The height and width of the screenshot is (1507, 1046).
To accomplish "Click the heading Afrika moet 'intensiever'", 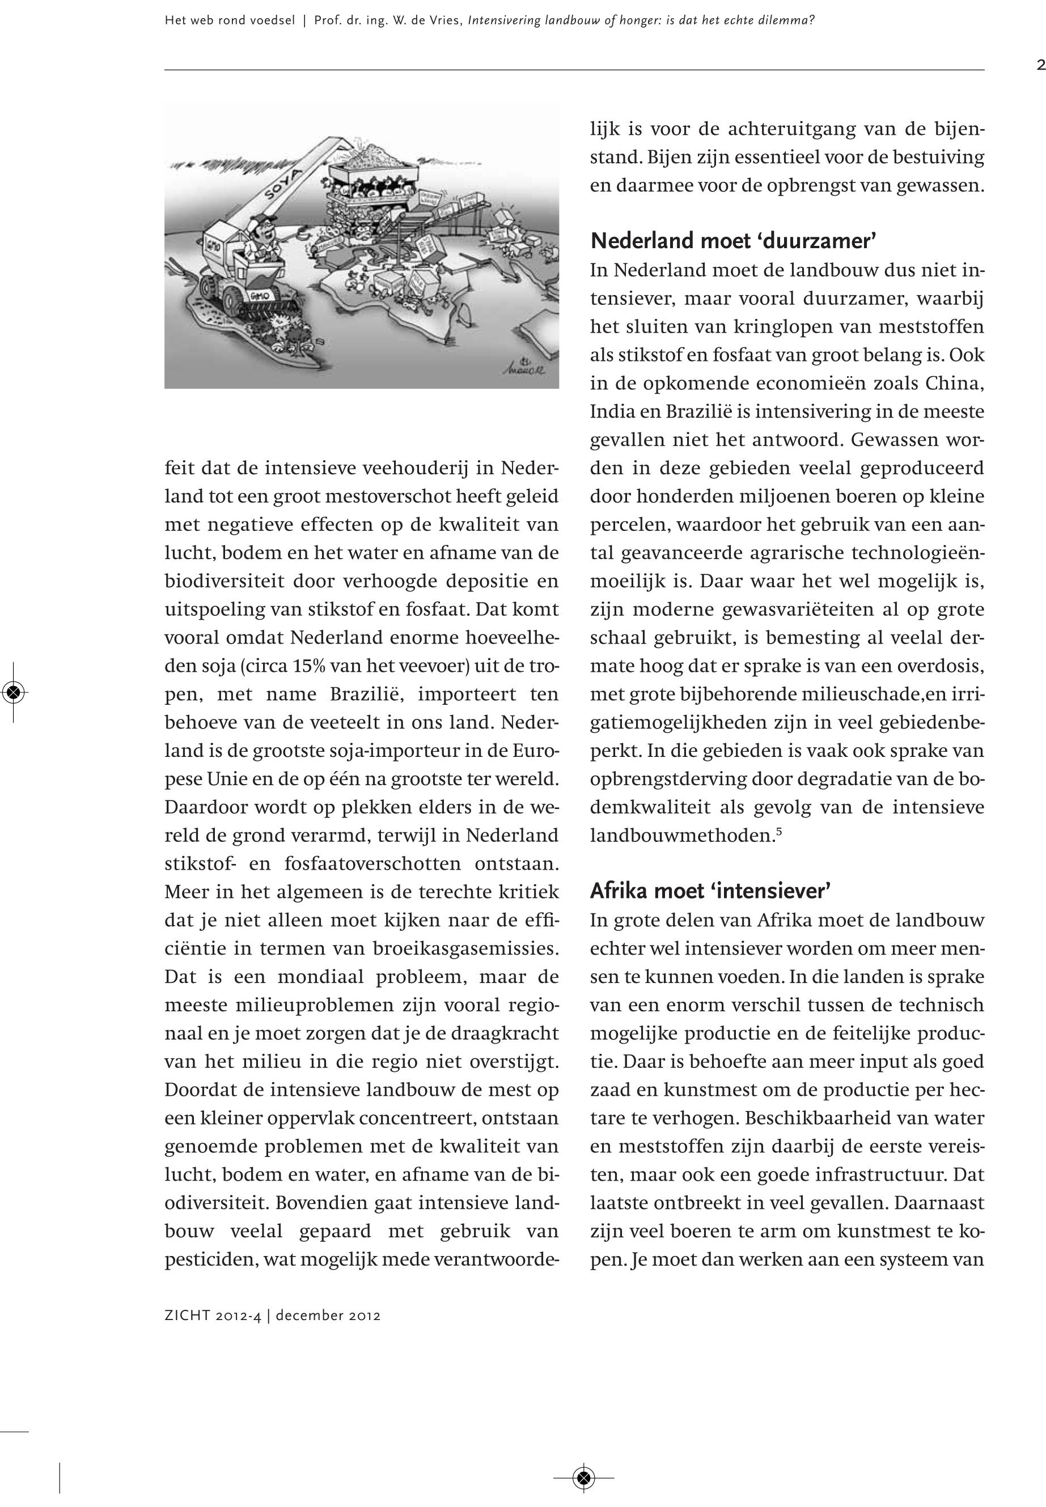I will coord(710,891).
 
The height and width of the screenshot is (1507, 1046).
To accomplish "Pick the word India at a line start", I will coord(608,412).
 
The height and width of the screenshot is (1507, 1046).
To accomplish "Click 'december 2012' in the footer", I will coord(328,1316).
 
